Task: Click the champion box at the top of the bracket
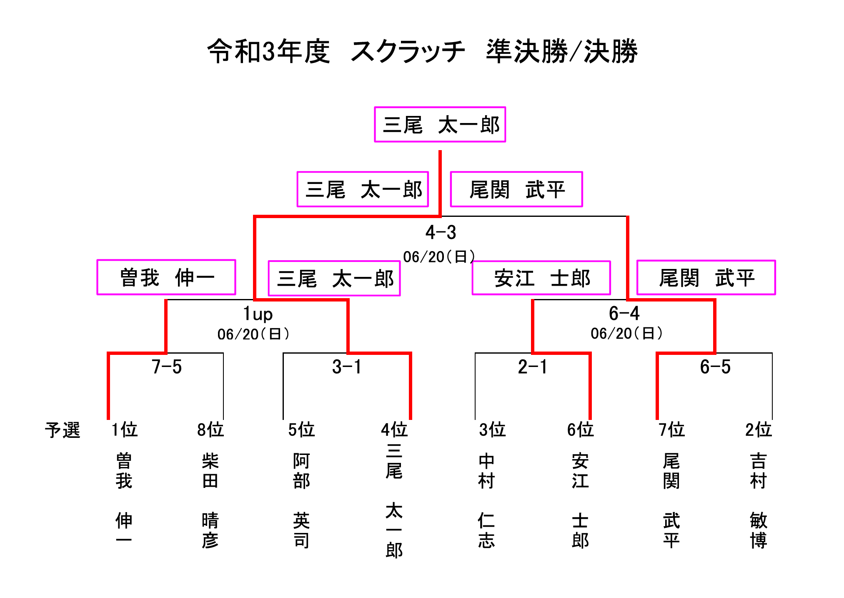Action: [440, 124]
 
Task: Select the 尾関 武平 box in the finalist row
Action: [516, 189]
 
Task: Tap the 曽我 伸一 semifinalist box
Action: [166, 277]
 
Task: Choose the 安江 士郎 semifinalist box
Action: [541, 278]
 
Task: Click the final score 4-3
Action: [441, 232]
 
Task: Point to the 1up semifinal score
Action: [258, 314]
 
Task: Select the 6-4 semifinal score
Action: [624, 313]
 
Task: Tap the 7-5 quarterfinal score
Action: [167, 367]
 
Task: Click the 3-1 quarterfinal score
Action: [347, 367]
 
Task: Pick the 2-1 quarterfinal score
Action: [532, 367]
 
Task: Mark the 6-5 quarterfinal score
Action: [715, 367]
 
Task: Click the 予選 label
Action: [63, 430]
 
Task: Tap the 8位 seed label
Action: [210, 430]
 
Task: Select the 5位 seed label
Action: [301, 430]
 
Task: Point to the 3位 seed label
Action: [492, 430]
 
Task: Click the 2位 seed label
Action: [759, 430]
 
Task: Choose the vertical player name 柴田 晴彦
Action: [210, 501]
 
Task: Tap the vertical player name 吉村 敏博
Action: [759, 501]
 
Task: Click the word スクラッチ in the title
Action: [408, 51]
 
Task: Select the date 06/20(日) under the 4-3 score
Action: [439, 256]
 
